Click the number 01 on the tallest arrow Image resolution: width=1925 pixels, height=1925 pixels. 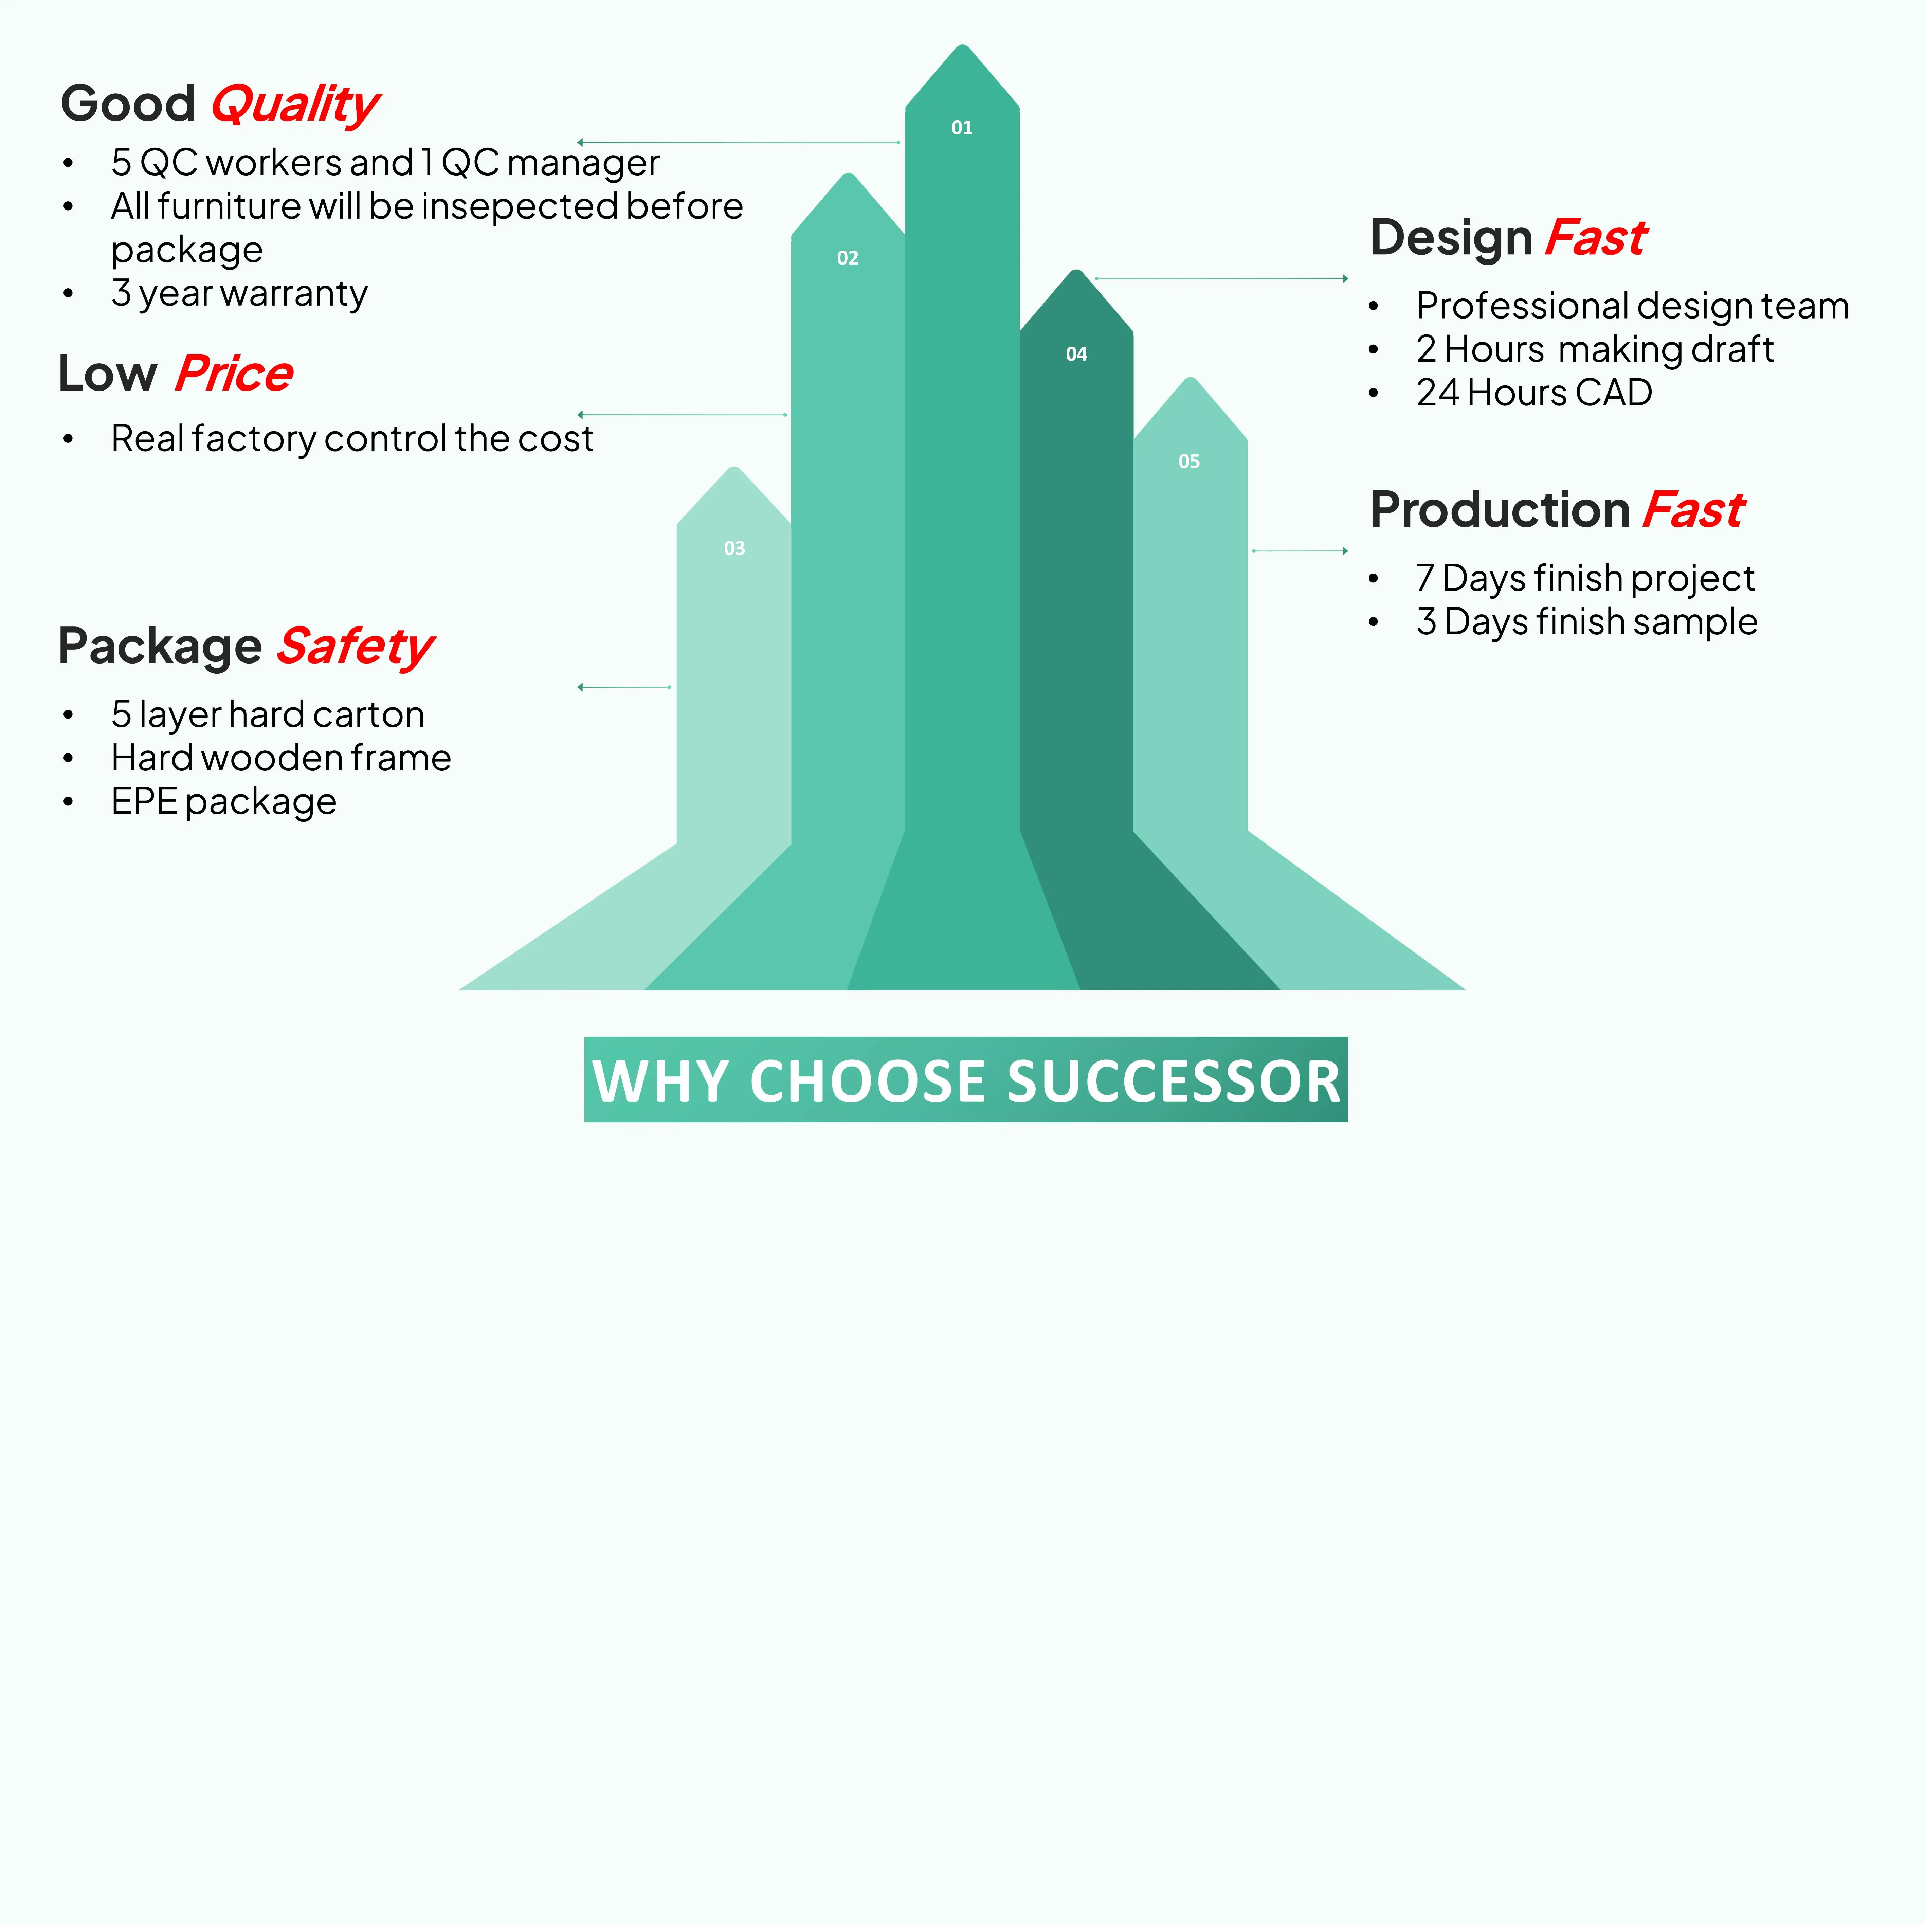pyautogui.click(x=962, y=128)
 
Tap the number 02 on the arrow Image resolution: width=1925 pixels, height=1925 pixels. pyautogui.click(x=847, y=258)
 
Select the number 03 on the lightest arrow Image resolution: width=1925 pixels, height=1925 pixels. pyautogui.click(x=734, y=548)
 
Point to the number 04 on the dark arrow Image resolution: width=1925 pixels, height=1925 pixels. pyautogui.click(x=1076, y=354)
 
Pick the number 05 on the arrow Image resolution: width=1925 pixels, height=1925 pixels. pyautogui.click(x=1189, y=461)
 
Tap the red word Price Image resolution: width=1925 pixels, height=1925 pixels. pyautogui.click(x=234, y=374)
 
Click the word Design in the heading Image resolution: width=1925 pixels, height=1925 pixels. pyautogui.click(x=1451, y=238)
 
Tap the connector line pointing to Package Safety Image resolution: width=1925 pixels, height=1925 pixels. pyautogui.click(x=625, y=688)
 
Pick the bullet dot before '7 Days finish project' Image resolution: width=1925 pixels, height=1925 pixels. pyautogui.click(x=1373, y=579)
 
